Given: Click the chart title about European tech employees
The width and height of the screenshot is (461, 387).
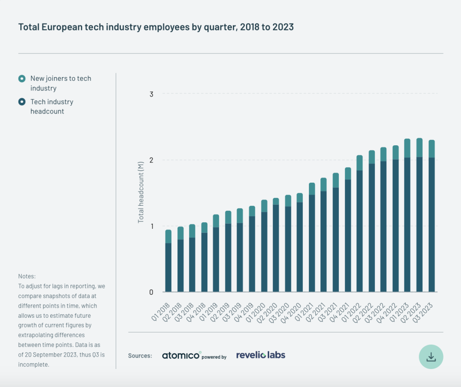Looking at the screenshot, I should [x=156, y=27].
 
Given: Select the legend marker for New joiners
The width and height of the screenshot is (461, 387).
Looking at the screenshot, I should [x=22, y=78].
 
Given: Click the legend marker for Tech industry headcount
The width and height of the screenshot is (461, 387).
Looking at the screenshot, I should [x=22, y=102].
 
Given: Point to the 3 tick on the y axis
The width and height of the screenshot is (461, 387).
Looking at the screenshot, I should [x=151, y=94].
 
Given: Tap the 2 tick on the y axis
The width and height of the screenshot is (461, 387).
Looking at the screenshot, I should [x=151, y=160].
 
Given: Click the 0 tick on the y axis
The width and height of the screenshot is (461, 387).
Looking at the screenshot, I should [x=151, y=292].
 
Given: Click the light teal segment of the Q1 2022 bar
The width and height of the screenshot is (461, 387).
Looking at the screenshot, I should [x=360, y=163].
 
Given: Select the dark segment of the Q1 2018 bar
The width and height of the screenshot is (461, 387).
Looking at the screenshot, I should [x=168, y=268].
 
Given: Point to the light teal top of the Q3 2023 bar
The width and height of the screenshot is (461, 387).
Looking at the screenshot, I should [x=431, y=149].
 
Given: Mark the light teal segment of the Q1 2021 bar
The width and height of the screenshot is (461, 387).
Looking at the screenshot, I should [x=312, y=189].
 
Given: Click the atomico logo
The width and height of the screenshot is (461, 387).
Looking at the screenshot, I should [x=182, y=356].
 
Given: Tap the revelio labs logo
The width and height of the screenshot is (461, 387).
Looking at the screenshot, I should [x=260, y=355].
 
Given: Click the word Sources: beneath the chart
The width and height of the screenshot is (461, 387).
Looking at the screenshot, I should [x=140, y=356].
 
